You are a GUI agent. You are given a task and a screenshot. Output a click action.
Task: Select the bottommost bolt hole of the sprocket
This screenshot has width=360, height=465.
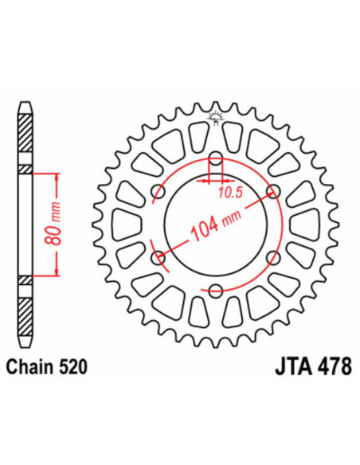coord(215,290)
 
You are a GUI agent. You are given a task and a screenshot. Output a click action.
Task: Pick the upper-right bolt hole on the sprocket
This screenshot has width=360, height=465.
coord(272,191)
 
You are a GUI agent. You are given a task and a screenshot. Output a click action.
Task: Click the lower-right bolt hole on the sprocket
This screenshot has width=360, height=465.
coord(272,256)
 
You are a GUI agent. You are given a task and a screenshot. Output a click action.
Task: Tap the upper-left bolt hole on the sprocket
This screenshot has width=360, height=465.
coord(158,191)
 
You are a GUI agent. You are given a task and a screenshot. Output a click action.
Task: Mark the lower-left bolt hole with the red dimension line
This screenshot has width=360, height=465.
coord(158,256)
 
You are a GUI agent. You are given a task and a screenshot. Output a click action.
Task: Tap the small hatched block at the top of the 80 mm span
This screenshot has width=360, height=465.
coord(25,170)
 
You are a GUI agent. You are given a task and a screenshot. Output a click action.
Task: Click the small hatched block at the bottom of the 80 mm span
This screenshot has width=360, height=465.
coord(25,279)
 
